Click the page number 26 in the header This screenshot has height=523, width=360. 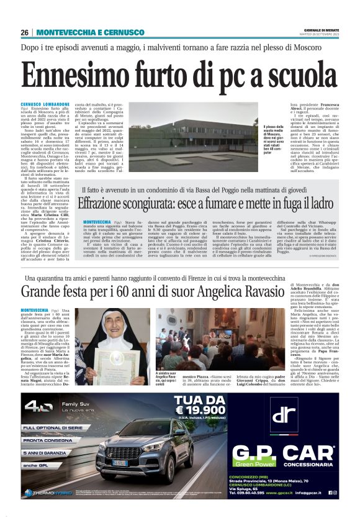point(25,32)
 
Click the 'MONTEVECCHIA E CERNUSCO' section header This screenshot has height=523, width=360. point(91,32)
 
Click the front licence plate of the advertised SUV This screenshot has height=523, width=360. point(120,463)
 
